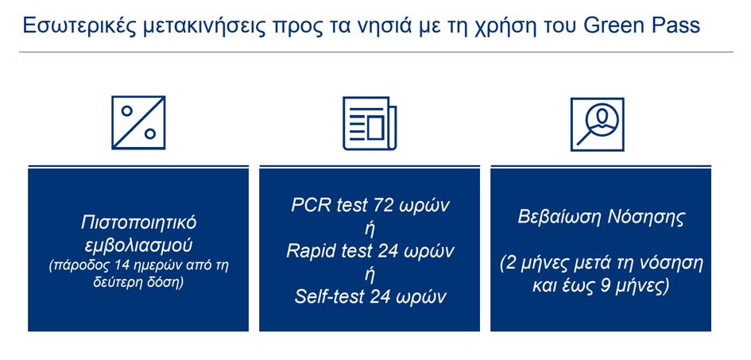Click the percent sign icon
tap(138, 122)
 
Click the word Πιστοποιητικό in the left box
tap(139, 220)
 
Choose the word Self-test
tap(330, 297)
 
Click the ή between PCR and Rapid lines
tap(370, 228)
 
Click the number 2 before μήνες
tap(509, 262)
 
